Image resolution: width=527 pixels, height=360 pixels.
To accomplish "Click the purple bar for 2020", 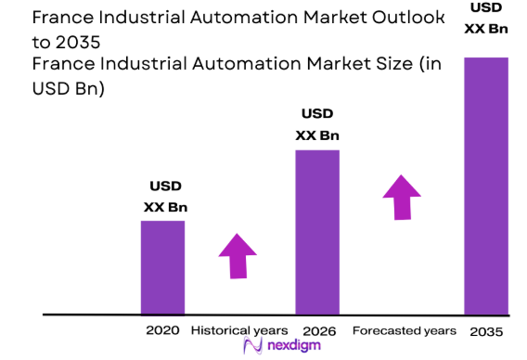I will click(162, 267).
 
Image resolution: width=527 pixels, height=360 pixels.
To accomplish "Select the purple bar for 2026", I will click(317, 232).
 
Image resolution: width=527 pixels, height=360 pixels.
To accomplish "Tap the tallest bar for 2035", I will click(486, 186).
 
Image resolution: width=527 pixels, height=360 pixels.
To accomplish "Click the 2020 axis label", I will click(161, 330).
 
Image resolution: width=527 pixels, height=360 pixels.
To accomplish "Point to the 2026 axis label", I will click(318, 330).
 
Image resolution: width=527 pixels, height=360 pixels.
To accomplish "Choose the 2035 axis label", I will click(486, 330).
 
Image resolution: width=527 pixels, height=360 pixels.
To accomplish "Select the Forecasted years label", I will click(405, 330).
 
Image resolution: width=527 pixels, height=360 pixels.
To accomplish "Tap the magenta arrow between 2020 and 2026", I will click(238, 255).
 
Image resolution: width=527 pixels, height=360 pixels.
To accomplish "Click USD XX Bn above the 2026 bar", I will click(317, 124).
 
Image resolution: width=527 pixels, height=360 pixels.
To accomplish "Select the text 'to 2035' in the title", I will click(66, 43).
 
